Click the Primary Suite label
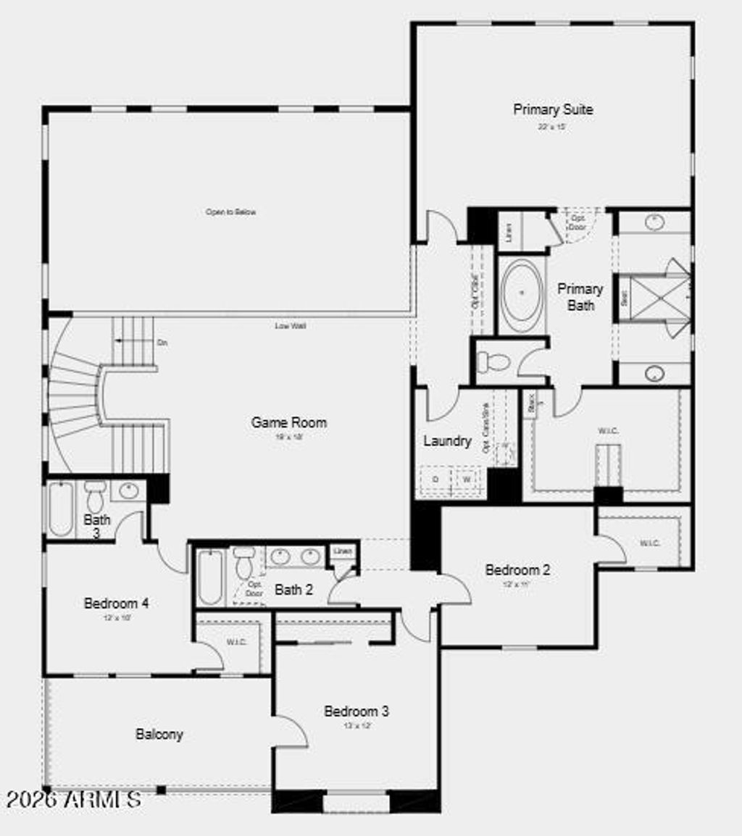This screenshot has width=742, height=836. pyautogui.click(x=553, y=109)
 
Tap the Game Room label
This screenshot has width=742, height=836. pyautogui.click(x=288, y=422)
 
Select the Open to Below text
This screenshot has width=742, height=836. pyautogui.click(x=230, y=212)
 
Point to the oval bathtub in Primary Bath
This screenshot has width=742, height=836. pyautogui.click(x=522, y=293)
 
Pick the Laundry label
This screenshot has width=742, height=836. pyautogui.click(x=447, y=440)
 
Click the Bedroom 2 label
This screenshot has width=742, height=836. pyautogui.click(x=517, y=569)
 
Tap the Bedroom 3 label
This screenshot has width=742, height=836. pyautogui.click(x=356, y=711)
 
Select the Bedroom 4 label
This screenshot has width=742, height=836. pyautogui.click(x=117, y=603)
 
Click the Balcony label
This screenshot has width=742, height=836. pyautogui.click(x=159, y=734)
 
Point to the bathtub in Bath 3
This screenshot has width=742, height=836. pyautogui.click(x=60, y=509)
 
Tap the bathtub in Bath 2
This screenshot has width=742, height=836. pyautogui.click(x=212, y=577)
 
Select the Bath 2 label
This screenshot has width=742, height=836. pyautogui.click(x=293, y=590)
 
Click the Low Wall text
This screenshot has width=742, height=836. pyautogui.click(x=290, y=326)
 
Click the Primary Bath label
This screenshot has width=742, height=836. pyautogui.click(x=580, y=297)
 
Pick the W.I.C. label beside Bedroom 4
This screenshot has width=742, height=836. pyautogui.click(x=237, y=642)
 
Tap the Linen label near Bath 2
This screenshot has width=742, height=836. pyautogui.click(x=342, y=551)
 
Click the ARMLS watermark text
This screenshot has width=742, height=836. pyautogui.click(x=73, y=800)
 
